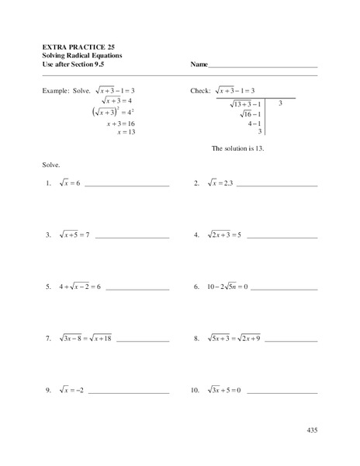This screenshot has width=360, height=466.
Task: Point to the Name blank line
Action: point(264,66)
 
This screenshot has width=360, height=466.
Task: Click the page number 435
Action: point(312,429)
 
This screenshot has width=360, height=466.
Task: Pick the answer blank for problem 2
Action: point(277,186)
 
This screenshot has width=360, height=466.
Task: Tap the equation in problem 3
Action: point(74,234)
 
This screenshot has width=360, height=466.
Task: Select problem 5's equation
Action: point(80,287)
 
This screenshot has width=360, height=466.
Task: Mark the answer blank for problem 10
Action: point(282,392)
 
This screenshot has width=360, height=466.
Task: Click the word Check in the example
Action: point(200,90)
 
